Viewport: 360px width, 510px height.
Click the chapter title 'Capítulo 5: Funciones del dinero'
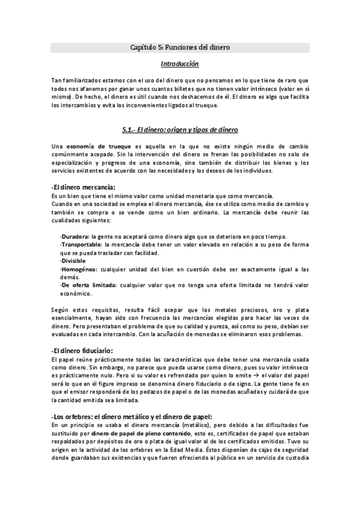click(x=180, y=46)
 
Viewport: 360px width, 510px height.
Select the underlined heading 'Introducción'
click(x=180, y=63)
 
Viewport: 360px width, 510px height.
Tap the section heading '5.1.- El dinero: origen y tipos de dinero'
click(x=180, y=129)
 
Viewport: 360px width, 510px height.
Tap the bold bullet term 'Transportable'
click(x=81, y=245)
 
